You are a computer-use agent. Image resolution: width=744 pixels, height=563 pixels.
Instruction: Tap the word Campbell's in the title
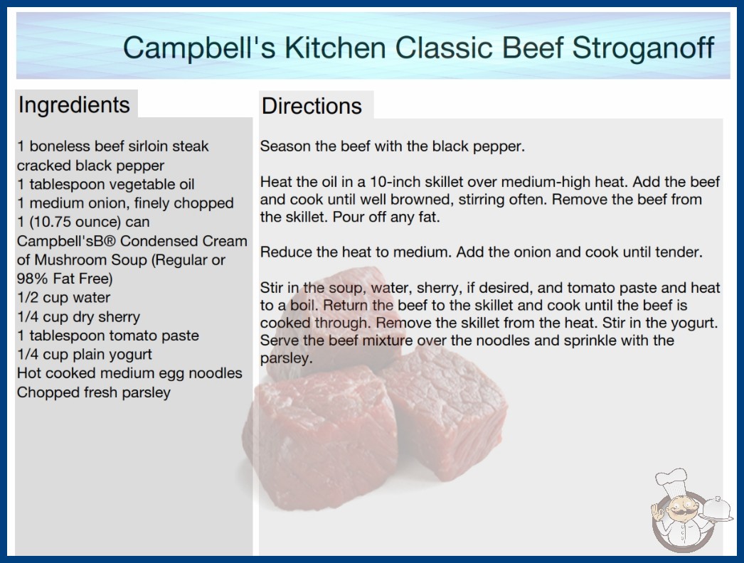click(199, 48)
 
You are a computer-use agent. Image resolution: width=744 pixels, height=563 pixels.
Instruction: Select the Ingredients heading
click(74, 105)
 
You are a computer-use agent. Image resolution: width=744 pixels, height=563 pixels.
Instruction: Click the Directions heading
click(312, 106)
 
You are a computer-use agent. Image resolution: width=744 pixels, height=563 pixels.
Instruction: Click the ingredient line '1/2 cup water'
click(63, 297)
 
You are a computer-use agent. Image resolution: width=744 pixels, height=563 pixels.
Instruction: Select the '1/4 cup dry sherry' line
click(78, 316)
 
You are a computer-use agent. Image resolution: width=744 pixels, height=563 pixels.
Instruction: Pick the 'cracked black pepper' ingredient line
click(90, 166)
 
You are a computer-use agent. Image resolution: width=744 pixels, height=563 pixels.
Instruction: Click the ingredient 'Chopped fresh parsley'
click(93, 392)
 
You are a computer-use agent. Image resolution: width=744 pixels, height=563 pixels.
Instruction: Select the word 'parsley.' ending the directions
click(286, 358)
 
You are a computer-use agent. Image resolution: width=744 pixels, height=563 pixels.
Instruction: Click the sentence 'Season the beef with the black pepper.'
click(393, 146)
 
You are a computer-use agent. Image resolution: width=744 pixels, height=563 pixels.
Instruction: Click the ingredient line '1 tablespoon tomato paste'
click(107, 336)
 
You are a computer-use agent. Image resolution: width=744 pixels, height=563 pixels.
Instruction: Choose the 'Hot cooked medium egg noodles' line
click(129, 373)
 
